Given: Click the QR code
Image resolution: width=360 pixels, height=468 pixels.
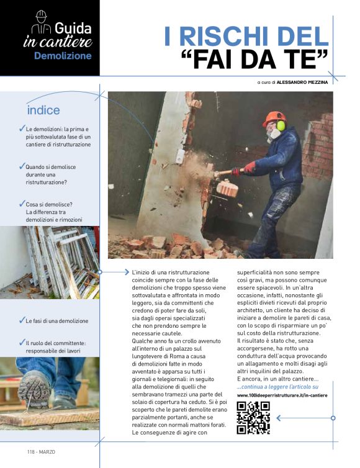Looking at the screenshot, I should click(x=253, y=418).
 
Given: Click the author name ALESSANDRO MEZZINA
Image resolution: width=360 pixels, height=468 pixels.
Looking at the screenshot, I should click(x=302, y=81).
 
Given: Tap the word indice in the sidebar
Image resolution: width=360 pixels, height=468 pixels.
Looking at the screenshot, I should click(x=43, y=110).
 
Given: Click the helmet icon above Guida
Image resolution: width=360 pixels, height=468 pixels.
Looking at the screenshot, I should click(x=41, y=16).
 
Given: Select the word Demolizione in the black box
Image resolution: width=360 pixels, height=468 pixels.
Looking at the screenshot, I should click(x=62, y=56).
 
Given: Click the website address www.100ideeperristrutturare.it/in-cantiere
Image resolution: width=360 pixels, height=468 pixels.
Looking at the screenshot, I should click(x=282, y=395).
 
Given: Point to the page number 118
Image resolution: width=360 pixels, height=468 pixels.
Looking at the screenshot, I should click(x=32, y=451).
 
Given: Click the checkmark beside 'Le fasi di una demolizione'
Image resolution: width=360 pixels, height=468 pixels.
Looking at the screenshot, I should click(x=22, y=321).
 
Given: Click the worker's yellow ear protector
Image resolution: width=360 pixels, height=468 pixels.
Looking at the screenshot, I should click(x=281, y=126).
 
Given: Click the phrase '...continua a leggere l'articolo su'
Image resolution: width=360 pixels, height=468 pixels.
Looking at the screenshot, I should click(x=277, y=387).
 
